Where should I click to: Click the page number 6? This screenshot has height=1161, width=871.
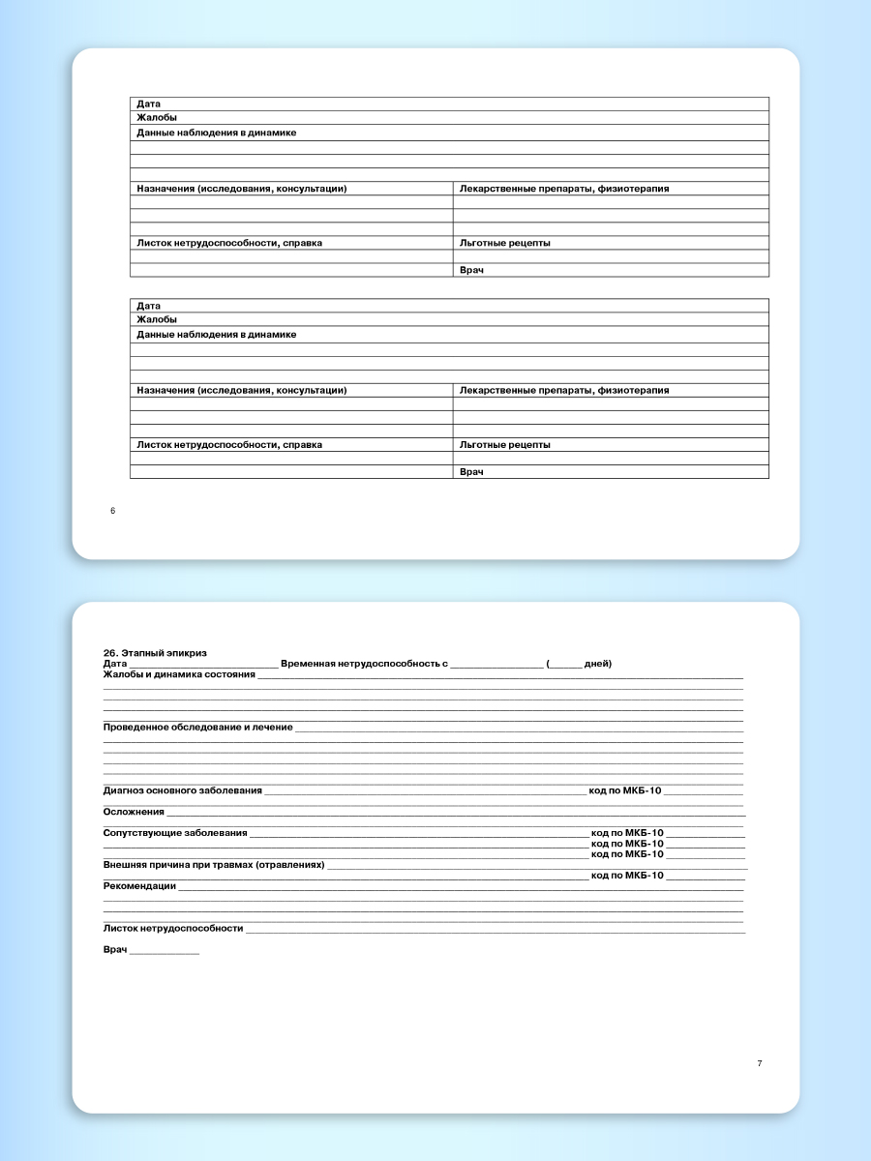(112, 511)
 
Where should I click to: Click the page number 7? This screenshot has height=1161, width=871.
(760, 1063)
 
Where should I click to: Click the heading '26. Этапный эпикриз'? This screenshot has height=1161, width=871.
(155, 653)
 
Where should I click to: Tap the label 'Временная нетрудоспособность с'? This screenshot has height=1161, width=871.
(364, 664)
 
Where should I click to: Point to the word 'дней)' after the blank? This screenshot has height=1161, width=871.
(597, 664)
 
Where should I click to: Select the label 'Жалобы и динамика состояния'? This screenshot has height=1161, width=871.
(179, 674)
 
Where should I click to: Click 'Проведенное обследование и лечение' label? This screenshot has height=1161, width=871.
(197, 727)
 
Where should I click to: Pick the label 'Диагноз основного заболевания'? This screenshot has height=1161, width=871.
(182, 790)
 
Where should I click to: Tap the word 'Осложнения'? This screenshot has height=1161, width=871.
(134, 812)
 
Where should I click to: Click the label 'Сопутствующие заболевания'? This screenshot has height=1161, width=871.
(175, 833)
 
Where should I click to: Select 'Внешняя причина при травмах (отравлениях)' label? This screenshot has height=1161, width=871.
(214, 864)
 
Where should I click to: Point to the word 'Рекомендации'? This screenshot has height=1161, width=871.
(139, 885)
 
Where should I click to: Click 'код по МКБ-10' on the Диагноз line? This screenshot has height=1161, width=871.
(625, 790)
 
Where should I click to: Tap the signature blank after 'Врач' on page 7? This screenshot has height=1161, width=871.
(165, 951)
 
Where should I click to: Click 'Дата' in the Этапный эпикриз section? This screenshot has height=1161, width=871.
(115, 664)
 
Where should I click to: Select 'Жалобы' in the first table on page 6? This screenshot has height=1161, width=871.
(157, 118)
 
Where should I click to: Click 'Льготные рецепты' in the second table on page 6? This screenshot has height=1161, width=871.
(505, 445)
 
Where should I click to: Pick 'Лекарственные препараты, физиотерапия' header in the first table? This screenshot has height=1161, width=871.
(564, 189)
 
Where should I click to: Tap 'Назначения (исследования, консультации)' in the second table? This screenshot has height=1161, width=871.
(242, 391)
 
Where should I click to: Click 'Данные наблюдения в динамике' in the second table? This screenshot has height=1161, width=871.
(217, 335)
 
